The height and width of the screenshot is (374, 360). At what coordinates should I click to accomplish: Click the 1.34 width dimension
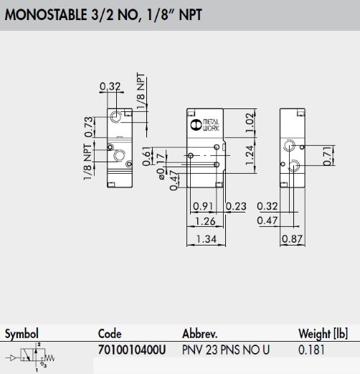(206, 239)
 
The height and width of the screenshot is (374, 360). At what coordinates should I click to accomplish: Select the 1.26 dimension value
(205, 221)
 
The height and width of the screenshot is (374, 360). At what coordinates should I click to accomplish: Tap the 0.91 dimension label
(203, 206)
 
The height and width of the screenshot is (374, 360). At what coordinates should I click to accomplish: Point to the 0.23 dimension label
(236, 206)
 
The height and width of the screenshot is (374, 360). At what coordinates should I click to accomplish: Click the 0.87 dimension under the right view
(293, 239)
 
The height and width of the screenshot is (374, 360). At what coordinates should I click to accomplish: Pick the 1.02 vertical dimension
(250, 123)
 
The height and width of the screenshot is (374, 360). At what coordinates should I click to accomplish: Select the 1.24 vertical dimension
(250, 155)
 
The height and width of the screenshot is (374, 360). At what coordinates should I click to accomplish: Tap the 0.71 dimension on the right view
(328, 156)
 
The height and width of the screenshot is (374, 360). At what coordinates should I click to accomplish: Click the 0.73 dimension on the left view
(89, 127)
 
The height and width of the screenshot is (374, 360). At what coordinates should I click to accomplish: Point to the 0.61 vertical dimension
(147, 156)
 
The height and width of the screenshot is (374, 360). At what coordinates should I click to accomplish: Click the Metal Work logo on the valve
(205, 125)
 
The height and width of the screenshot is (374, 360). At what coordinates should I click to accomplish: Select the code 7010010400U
(132, 350)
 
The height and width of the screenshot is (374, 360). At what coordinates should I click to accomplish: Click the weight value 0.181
(311, 350)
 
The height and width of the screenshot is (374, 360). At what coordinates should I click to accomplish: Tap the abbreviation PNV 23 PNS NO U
(226, 350)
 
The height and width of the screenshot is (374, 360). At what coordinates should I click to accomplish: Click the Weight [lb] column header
(323, 334)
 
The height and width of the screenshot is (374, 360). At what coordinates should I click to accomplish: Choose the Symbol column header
(22, 334)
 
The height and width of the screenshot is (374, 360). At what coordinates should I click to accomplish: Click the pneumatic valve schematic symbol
(31, 357)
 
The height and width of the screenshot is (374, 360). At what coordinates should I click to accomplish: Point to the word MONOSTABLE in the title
(46, 14)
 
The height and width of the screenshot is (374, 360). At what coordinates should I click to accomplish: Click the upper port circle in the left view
(116, 117)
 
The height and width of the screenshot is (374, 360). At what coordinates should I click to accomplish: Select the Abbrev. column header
(200, 334)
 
